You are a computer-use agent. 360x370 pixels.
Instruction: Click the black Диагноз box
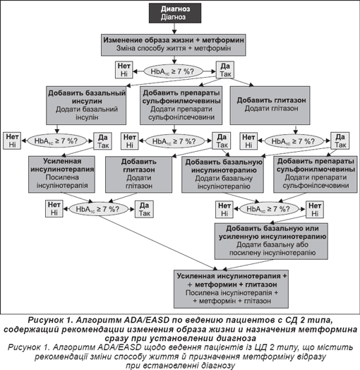[175, 13]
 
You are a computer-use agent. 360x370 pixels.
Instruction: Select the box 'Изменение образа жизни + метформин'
[174, 44]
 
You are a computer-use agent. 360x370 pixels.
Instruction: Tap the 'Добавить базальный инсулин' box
[86, 105]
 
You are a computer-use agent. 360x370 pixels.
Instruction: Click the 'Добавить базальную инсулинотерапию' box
[222, 174]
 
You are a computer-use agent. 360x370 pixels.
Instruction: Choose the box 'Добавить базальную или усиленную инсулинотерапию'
[271, 241]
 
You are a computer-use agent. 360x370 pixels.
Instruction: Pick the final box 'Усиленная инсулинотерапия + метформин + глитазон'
[231, 289]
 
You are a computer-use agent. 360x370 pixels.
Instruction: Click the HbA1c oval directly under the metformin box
[174, 71]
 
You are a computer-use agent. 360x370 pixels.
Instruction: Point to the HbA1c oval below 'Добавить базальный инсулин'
[57, 141]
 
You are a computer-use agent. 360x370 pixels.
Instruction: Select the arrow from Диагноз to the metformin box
[174, 28]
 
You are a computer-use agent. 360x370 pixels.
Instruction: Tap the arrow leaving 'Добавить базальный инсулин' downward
[57, 129]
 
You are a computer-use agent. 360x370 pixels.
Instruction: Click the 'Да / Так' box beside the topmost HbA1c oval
[225, 70]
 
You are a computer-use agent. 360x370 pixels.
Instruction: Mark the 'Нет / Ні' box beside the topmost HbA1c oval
[124, 70]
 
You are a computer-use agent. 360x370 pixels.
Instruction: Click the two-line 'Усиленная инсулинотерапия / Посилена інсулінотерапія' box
[62, 174]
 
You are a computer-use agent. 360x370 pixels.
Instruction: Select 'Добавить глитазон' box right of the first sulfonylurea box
[270, 105]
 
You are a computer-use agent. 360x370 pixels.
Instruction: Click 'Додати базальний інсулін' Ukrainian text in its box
[87, 113]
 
